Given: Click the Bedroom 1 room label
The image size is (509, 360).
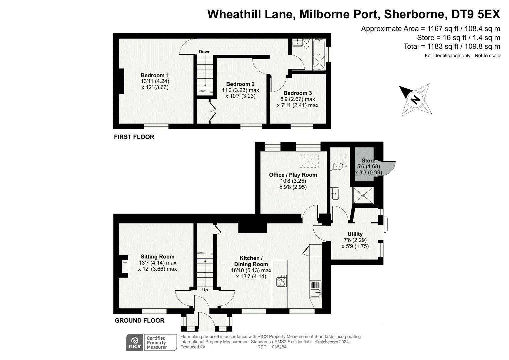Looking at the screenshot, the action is [x=155, y=75].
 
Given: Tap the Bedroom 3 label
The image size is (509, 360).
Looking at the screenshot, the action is [x=297, y=93].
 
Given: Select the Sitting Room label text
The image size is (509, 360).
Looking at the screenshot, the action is [x=157, y=257].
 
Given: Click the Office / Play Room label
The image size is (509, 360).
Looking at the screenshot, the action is [x=293, y=175].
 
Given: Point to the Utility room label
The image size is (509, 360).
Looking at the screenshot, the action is [x=355, y=234].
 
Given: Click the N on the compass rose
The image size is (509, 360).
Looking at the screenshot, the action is [x=415, y=100].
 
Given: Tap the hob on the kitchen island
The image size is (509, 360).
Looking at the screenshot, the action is [x=281, y=281].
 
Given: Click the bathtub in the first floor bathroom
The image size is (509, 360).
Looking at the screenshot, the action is [x=319, y=55].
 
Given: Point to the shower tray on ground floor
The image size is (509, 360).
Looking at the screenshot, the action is [x=363, y=195].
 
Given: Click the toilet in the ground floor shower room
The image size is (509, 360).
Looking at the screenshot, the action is [x=337, y=166].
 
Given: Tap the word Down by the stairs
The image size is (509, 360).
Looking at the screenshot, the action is [x=205, y=52].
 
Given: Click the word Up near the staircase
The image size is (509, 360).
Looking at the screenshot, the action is [x=205, y=290].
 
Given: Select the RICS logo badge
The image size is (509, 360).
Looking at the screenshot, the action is [x=135, y=343].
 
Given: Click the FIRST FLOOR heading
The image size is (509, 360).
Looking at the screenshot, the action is [x=134, y=137].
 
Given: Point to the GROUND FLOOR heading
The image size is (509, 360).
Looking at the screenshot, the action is [x=140, y=320].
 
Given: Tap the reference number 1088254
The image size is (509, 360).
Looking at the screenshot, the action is [x=278, y=347].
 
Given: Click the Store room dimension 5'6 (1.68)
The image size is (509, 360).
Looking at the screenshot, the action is [x=369, y=166].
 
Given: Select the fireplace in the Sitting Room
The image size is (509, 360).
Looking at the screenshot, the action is [x=124, y=266].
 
